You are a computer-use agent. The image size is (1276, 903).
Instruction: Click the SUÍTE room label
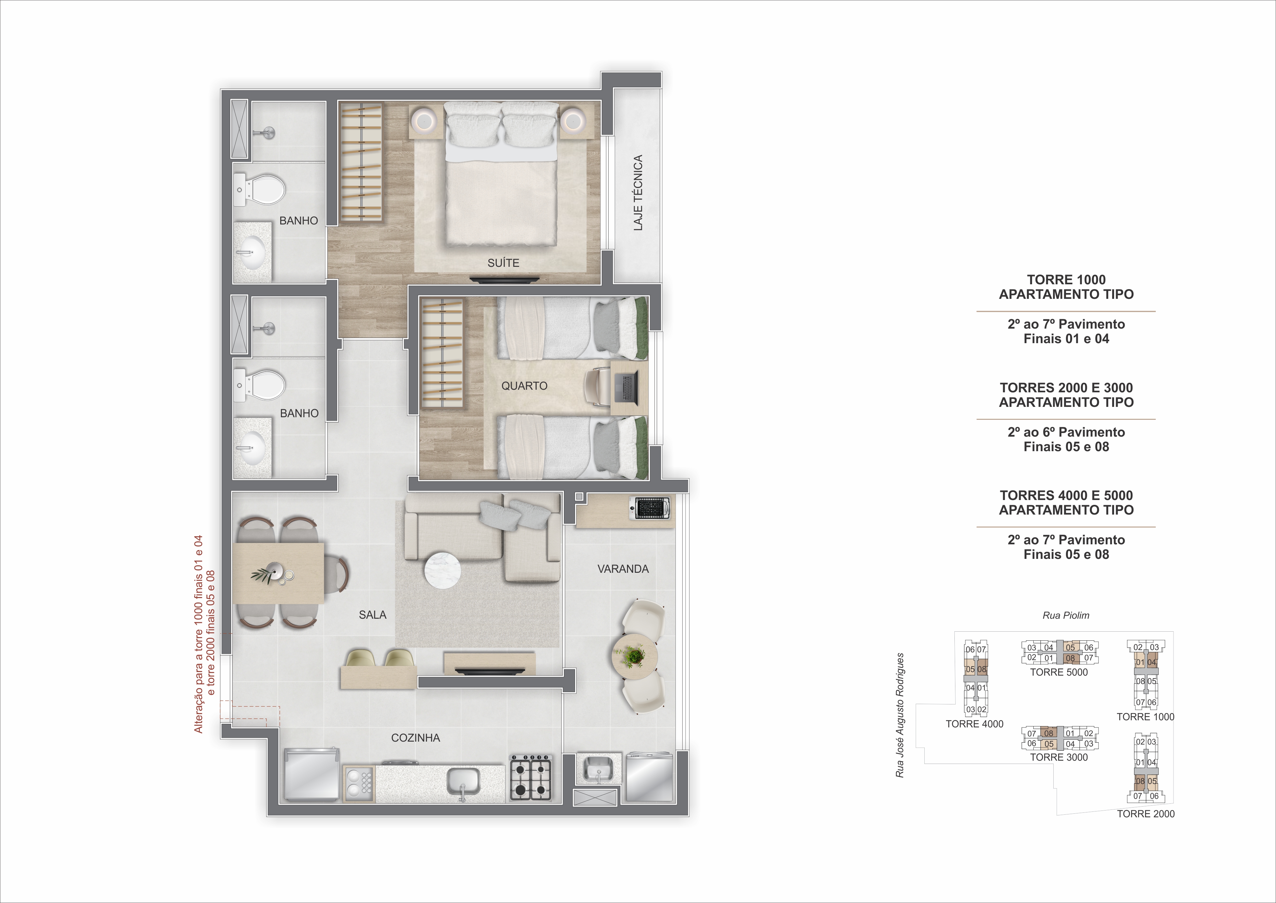click(x=503, y=263)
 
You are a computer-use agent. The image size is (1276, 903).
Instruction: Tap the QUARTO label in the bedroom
click(x=524, y=386)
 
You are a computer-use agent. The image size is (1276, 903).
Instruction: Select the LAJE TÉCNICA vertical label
click(x=638, y=192)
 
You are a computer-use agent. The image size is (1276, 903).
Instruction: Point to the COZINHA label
click(x=415, y=738)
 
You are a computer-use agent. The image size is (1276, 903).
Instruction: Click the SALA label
click(x=372, y=615)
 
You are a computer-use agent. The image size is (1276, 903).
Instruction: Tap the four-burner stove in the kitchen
click(x=531, y=777)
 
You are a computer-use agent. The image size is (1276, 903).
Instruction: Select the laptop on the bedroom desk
click(x=627, y=387)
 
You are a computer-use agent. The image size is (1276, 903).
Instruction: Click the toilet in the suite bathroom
click(x=263, y=189)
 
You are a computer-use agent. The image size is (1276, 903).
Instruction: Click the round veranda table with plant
click(x=635, y=657)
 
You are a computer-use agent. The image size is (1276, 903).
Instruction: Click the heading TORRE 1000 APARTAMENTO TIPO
click(x=1066, y=287)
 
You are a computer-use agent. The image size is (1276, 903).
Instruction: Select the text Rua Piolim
click(x=1065, y=615)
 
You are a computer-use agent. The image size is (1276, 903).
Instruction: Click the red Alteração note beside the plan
click(x=204, y=634)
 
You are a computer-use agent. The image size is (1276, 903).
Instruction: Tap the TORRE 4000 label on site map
click(x=974, y=724)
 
